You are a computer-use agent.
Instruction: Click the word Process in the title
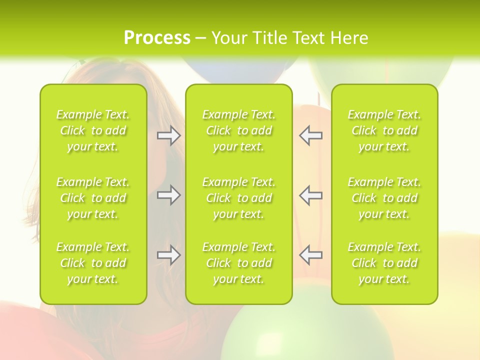click(x=157, y=38)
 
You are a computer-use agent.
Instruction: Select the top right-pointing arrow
click(x=168, y=135)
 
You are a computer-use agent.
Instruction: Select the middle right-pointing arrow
click(x=168, y=195)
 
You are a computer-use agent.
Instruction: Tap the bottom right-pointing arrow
click(x=168, y=255)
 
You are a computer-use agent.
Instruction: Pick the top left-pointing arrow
click(x=311, y=135)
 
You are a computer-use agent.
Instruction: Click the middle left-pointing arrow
click(x=311, y=195)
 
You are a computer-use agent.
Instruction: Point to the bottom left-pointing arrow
click(x=311, y=255)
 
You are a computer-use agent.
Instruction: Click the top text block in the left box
click(x=93, y=130)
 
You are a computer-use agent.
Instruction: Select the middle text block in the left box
click(x=93, y=198)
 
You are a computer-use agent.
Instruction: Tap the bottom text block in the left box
click(x=93, y=263)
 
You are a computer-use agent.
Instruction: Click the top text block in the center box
click(x=238, y=130)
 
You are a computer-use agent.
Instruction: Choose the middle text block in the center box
click(x=238, y=198)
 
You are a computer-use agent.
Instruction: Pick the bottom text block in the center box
click(x=238, y=263)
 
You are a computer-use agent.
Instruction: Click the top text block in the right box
click(x=384, y=130)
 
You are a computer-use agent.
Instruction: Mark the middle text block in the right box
click(x=384, y=198)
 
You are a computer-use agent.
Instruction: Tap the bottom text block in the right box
click(x=384, y=263)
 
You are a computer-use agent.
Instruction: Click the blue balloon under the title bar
click(x=235, y=70)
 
